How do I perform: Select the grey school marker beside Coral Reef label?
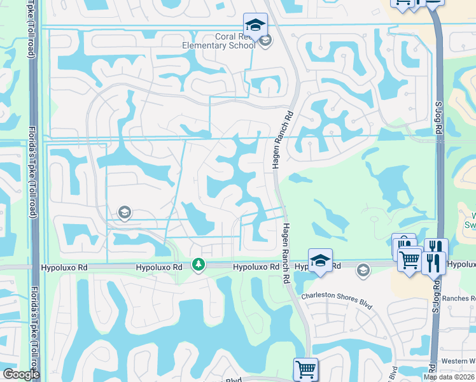point(265,41)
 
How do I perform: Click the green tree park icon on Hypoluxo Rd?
point(199,264)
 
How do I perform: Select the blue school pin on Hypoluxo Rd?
point(320,260)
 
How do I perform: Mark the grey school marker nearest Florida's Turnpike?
point(125,213)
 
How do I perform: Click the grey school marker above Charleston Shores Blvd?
point(363,270)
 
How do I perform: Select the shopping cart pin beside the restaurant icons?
point(410,259)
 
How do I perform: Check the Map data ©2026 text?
point(449,377)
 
